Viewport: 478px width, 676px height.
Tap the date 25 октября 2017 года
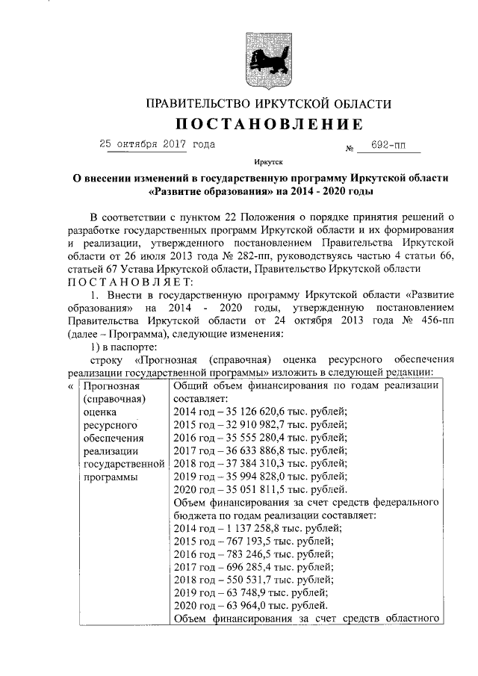[x=157, y=144]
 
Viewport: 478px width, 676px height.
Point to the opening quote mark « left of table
[x=70, y=386]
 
